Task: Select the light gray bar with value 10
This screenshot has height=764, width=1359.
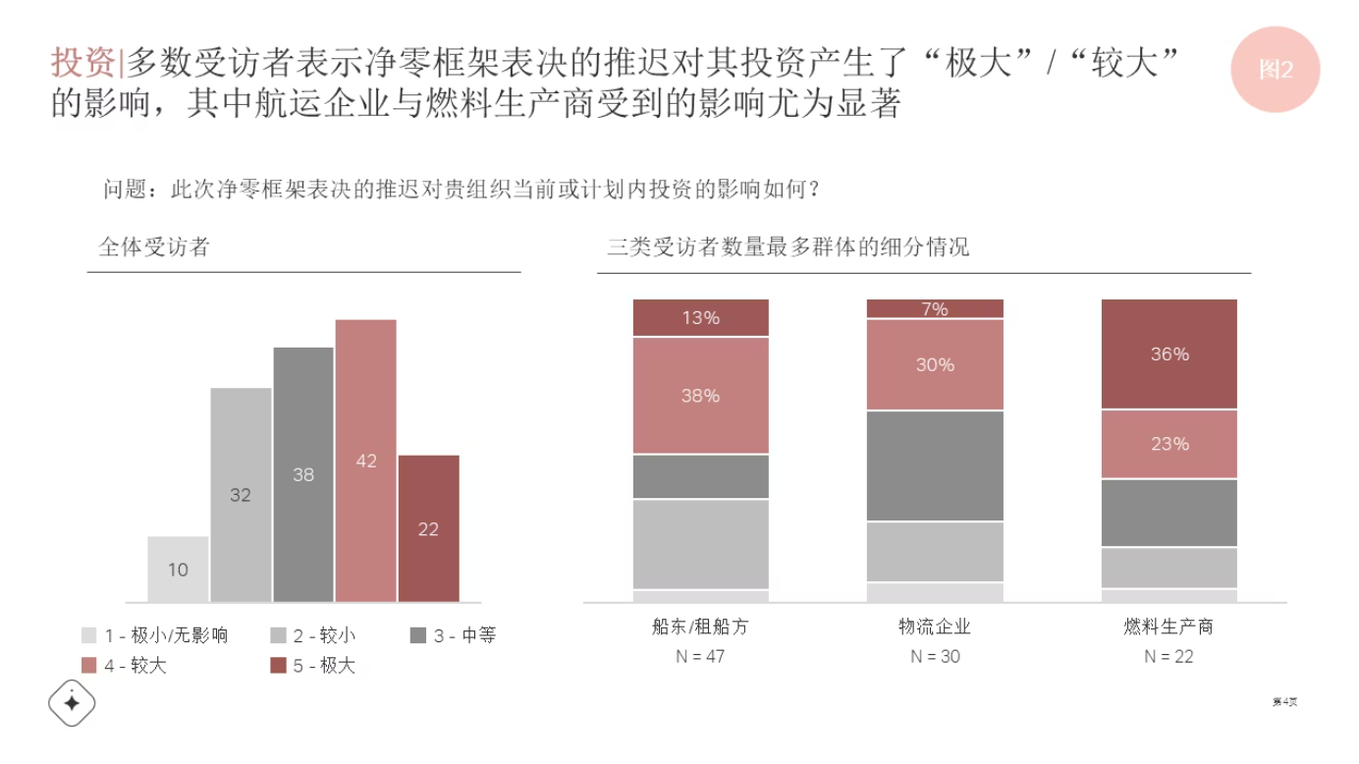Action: pos(178,569)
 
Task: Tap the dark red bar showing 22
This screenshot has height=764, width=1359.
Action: pos(428,528)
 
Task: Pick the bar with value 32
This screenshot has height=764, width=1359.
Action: pos(241,494)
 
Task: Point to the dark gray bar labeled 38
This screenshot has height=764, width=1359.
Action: pos(303,473)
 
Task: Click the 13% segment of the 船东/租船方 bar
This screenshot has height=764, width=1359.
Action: pos(700,317)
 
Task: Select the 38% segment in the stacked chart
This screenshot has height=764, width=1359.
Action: pos(700,395)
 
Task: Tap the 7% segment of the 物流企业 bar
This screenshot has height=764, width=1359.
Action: pos(935,308)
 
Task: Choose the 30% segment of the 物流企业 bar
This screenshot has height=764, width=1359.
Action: pos(935,364)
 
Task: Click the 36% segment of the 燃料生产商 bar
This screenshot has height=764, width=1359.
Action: pos(1169,354)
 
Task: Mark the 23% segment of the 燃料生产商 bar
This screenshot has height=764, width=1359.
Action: pos(1169,444)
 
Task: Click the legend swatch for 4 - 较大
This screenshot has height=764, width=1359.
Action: pos(89,666)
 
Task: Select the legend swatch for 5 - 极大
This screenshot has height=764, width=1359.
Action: pos(278,666)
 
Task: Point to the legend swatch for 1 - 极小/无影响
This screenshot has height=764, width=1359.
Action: pos(89,635)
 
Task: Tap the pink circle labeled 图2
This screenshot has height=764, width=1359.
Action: pos(1275,69)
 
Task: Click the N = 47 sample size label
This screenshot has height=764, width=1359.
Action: pos(700,656)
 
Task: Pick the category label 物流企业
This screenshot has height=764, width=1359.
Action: pos(935,627)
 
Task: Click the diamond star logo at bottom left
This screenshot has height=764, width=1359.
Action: pos(72,702)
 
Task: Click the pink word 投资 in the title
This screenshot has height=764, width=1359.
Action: pos(82,63)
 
